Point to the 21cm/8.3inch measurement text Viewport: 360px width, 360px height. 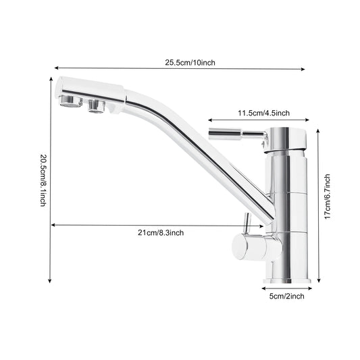(x=159, y=232)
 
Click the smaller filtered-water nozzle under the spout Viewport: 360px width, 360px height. (x=95, y=105)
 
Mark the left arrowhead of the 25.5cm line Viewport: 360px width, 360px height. (x=57, y=68)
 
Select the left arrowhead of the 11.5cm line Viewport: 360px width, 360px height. (x=209, y=119)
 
